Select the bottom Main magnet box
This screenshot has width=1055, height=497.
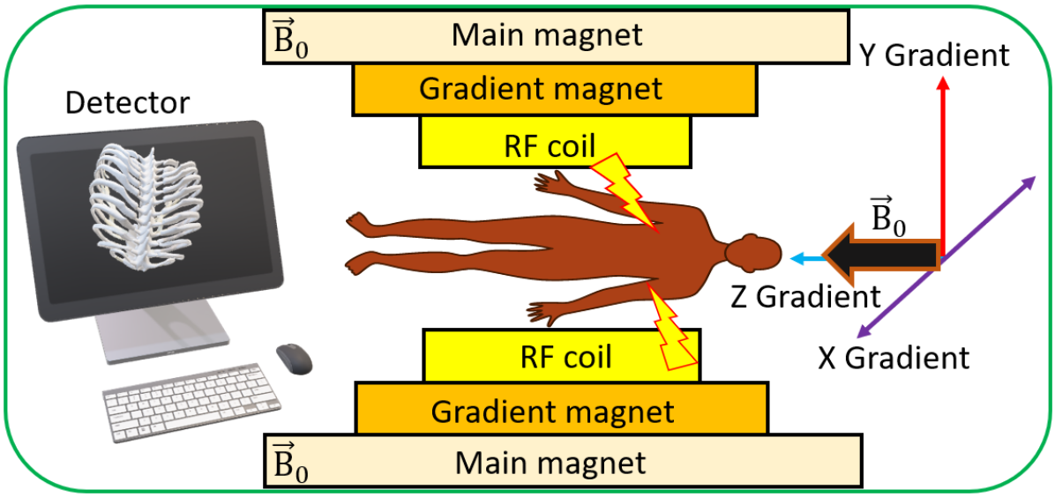coord(562,461)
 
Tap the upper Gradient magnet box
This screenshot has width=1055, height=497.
coord(553,89)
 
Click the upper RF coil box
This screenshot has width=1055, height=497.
coord(553,143)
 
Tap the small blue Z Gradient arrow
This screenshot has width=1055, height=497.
coord(804,258)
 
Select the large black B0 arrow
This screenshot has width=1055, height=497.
coord(882,256)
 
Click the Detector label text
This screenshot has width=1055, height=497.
coord(126,103)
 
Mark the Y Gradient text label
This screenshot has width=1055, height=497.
coord(933,56)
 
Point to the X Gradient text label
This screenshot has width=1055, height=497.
coord(893,359)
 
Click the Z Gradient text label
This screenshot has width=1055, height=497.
coord(804,296)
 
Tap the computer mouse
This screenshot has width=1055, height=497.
coord(294,358)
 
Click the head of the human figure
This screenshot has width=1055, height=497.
coord(757,254)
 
